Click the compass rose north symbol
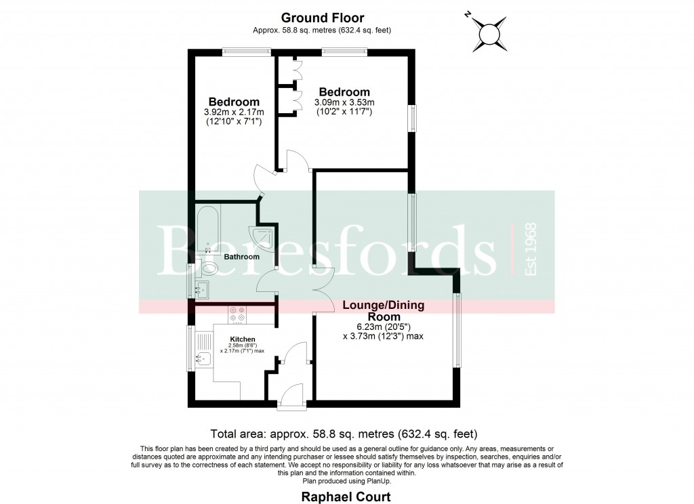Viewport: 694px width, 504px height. coord(489,34)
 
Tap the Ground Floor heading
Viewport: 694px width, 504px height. coord(322,18)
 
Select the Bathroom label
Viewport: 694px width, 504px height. coord(241,257)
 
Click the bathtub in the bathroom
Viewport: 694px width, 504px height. coord(208,228)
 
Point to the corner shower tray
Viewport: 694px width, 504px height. coord(263,236)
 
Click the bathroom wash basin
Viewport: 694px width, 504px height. coord(201,289)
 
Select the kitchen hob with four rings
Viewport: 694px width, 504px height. coord(238,314)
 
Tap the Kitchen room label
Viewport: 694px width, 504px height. coord(243,339)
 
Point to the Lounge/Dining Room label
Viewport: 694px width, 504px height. coord(384,311)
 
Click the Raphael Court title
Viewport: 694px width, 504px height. coord(346,497)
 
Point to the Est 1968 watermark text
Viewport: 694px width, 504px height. coord(530,249)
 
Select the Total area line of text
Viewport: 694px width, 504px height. coord(344,434)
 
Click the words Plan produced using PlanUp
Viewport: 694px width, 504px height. coord(347,481)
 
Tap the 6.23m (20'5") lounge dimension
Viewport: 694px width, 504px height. coord(384,327)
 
